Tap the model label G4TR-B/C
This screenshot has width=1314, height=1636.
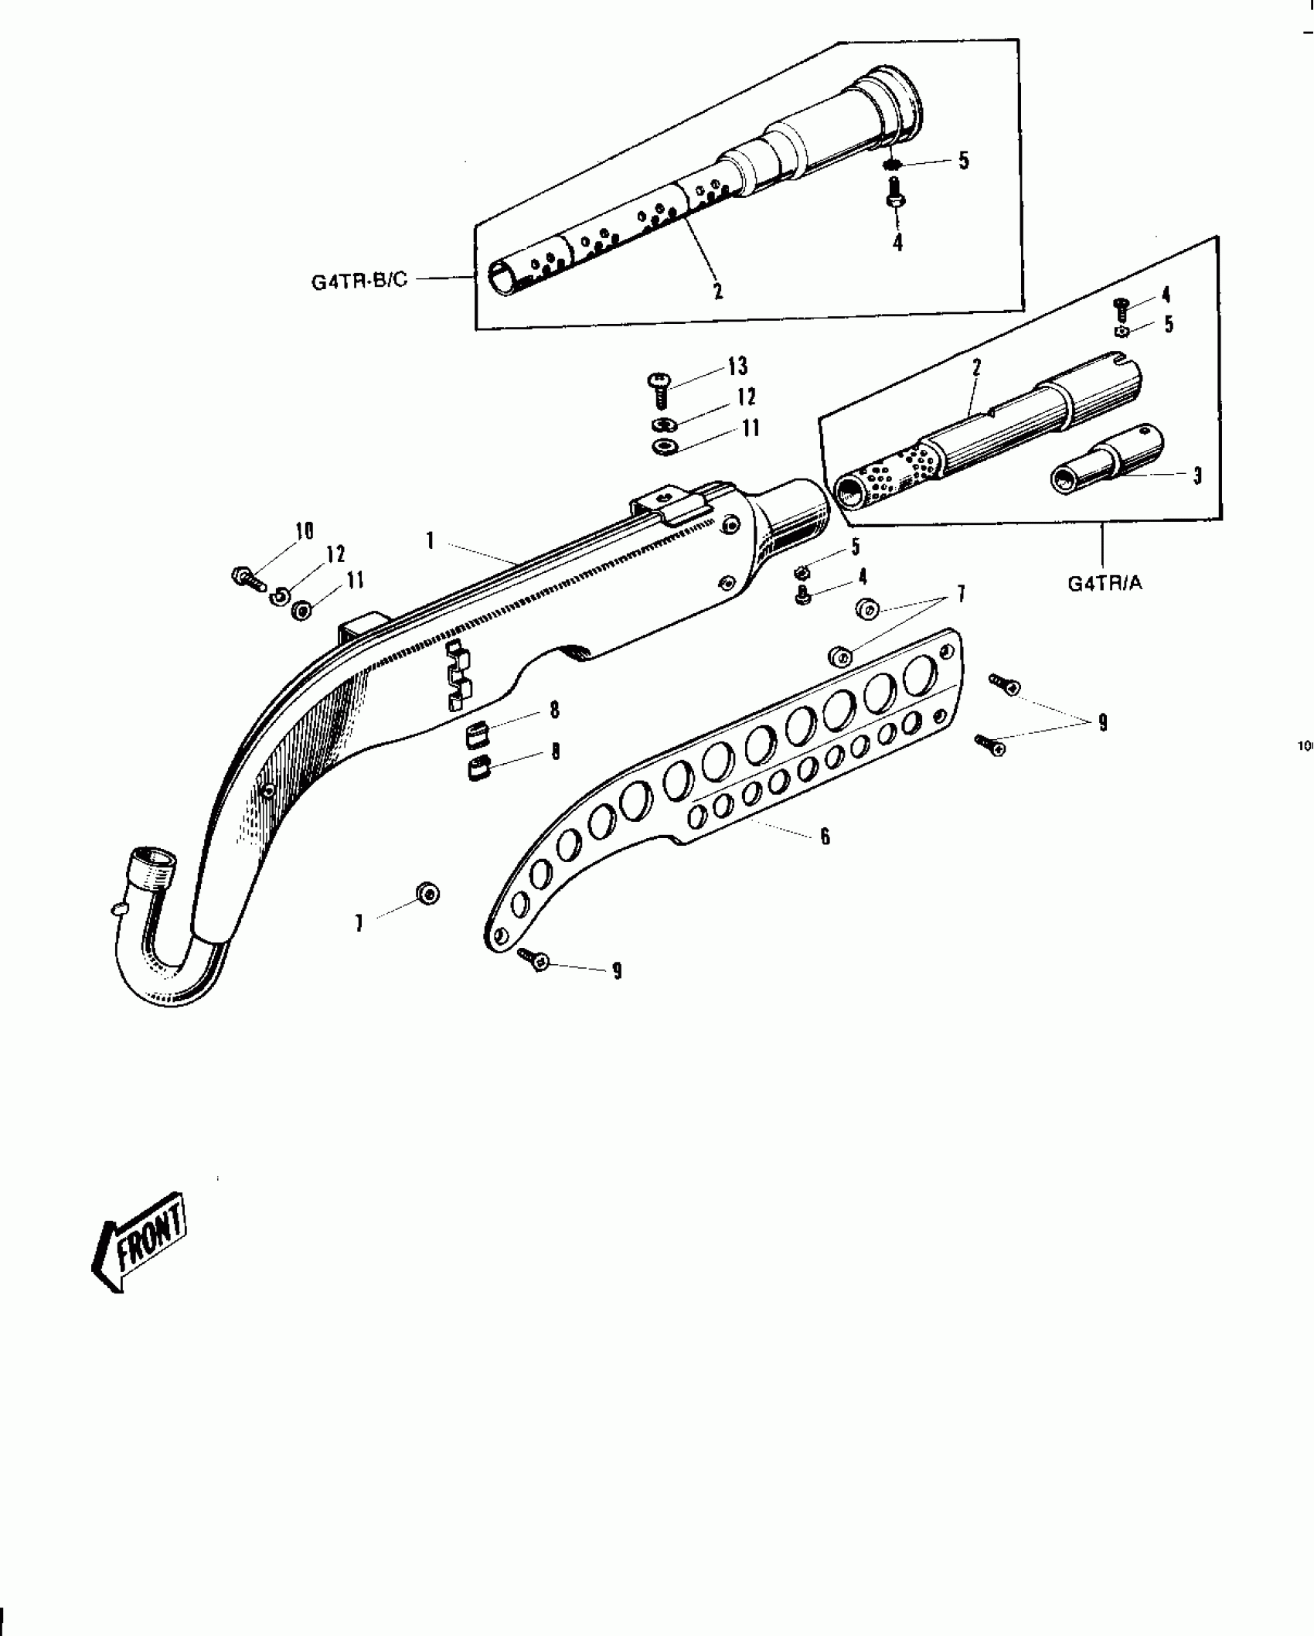click(x=359, y=280)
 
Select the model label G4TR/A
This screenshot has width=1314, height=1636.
click(x=1105, y=584)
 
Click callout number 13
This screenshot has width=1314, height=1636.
click(x=737, y=366)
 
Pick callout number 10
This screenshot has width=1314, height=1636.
click(x=304, y=531)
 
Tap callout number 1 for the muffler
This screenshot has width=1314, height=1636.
click(x=430, y=540)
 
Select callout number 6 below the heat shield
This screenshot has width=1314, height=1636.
click(x=825, y=836)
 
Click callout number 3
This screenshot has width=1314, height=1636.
click(x=1197, y=475)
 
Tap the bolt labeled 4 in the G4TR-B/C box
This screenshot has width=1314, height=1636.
click(x=896, y=194)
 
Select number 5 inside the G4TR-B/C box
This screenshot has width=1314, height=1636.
click(x=963, y=161)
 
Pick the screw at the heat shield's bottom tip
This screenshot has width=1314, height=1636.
click(x=534, y=959)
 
